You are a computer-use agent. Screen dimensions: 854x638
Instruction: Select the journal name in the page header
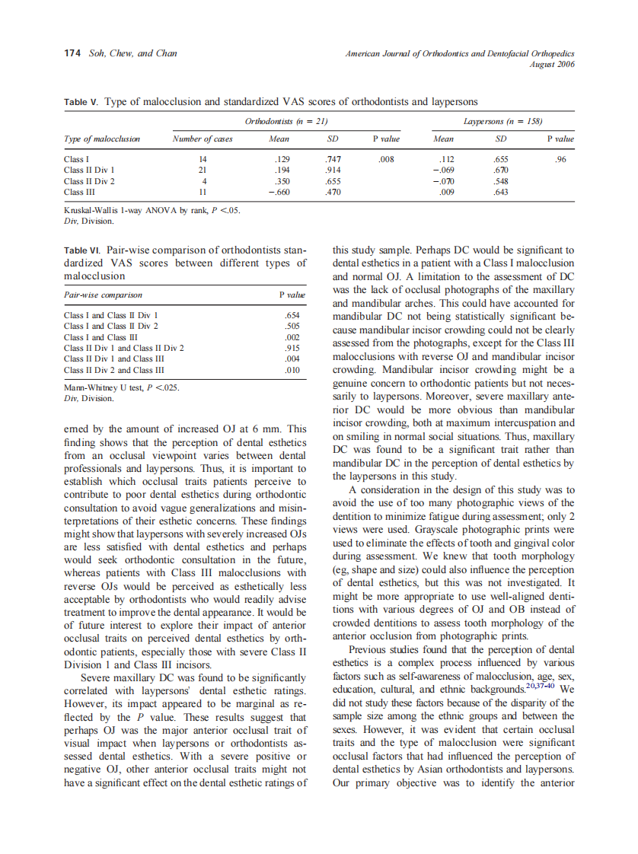coord(459,54)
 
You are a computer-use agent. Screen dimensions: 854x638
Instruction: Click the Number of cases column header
coord(203,139)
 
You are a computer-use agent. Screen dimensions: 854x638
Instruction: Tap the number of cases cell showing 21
coord(203,170)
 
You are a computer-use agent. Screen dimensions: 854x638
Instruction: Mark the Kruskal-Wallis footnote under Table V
coord(152,211)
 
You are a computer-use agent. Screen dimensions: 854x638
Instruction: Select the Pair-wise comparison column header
coord(103,295)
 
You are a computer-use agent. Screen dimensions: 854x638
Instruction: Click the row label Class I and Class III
coord(101,337)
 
